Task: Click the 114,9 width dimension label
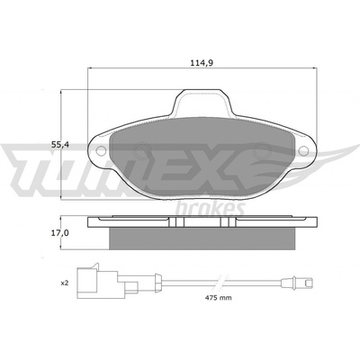202,63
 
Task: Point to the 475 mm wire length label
218,298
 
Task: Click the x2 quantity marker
65,283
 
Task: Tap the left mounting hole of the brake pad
101,151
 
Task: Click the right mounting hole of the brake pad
304,151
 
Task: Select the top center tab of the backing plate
202,102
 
